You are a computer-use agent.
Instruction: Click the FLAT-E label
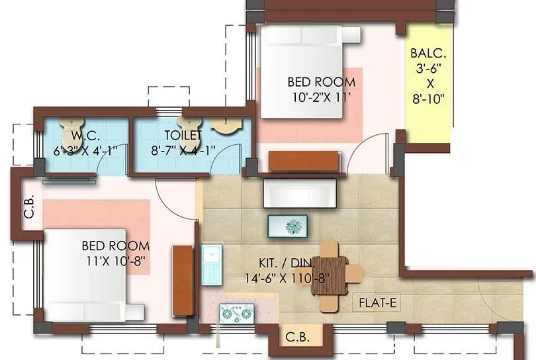[x=377, y=303]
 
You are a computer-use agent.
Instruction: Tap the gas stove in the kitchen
[x=236, y=312]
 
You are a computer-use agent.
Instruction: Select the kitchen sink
[x=211, y=264]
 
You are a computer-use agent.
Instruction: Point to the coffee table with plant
[x=287, y=226]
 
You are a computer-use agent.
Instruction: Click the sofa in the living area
[x=300, y=193]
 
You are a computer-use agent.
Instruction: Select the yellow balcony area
[x=427, y=82]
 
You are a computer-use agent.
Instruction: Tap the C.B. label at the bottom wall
[x=296, y=336]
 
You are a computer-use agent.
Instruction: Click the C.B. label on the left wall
[x=29, y=213]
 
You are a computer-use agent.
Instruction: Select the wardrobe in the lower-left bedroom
[x=182, y=280]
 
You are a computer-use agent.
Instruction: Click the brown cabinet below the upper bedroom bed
[x=305, y=161]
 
